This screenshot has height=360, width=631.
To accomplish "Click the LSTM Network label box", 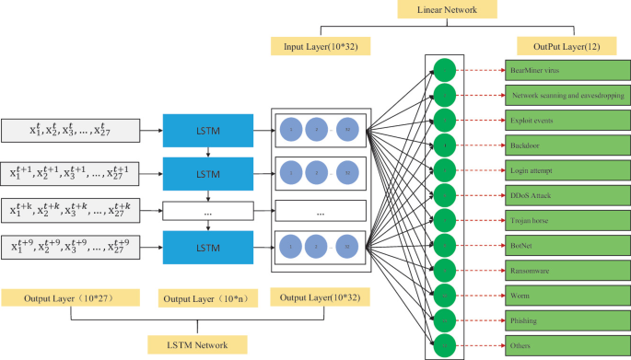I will point(197,344).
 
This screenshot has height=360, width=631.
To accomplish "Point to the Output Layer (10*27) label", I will point(70,297).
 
